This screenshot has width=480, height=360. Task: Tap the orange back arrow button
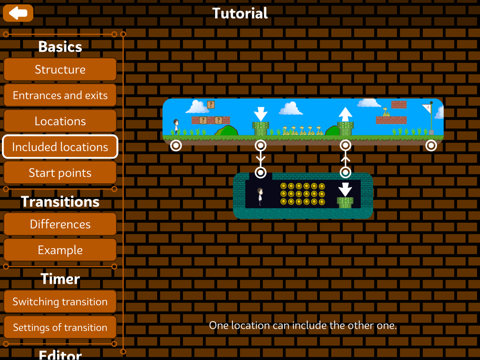click(x=18, y=13)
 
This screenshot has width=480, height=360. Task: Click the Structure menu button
click(x=60, y=70)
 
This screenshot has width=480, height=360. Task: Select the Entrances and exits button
click(x=60, y=96)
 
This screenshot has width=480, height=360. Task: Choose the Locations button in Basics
click(x=60, y=121)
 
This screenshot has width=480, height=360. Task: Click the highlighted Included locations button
click(x=60, y=147)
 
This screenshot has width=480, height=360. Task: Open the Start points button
click(x=60, y=173)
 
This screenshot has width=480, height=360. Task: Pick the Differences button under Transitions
click(x=60, y=224)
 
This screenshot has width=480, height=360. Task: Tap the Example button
click(x=60, y=250)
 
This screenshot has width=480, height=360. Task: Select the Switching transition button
click(x=60, y=302)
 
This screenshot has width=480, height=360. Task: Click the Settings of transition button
click(x=60, y=328)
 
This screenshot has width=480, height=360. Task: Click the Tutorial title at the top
click(x=240, y=13)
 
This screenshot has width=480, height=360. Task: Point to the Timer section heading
click(x=60, y=279)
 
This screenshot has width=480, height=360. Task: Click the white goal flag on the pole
click(x=426, y=108)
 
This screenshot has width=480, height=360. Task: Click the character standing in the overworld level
click(x=176, y=126)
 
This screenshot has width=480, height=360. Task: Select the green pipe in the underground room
click(x=345, y=202)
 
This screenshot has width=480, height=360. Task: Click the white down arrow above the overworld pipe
click(x=260, y=114)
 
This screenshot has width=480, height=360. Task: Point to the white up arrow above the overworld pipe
click(x=345, y=114)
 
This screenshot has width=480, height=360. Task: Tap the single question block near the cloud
click(x=211, y=104)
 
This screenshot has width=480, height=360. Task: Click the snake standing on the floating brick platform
click(x=386, y=112)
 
